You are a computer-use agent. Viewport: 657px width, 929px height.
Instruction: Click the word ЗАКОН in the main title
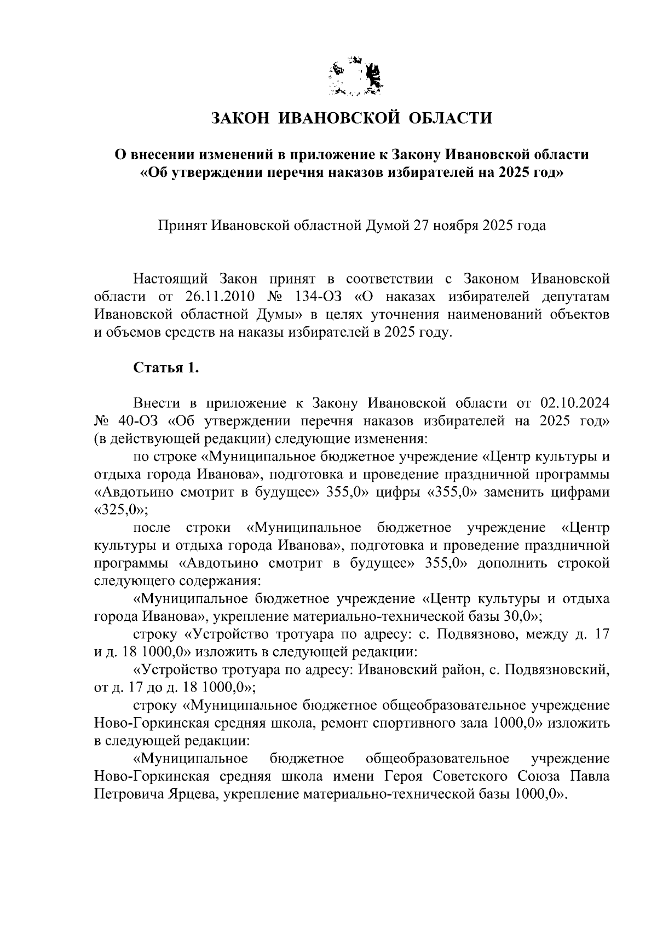coord(241,118)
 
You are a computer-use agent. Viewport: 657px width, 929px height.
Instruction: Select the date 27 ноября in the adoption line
coord(446,226)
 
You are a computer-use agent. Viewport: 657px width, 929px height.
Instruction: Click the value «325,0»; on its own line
coord(121,510)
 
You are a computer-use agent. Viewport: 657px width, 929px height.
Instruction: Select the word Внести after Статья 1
coord(158,403)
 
